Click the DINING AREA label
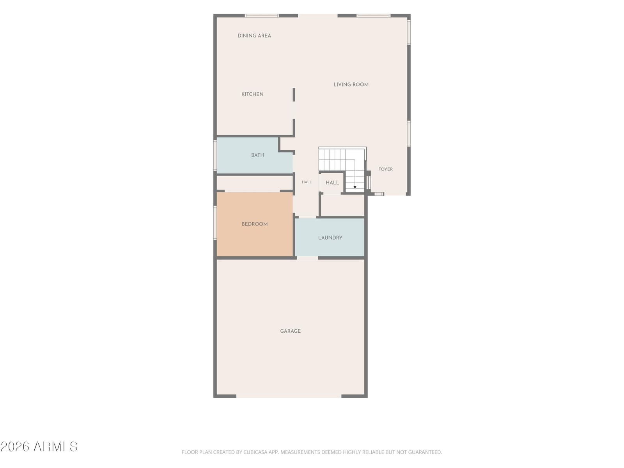[x=254, y=35]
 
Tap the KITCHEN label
[x=252, y=94]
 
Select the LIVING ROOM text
[x=351, y=84]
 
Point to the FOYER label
[x=385, y=169]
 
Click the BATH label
[x=257, y=155]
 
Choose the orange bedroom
[x=254, y=224]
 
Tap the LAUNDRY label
[x=330, y=238]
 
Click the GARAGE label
[x=290, y=331]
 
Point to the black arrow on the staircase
[x=355, y=187]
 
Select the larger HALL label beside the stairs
[x=332, y=183]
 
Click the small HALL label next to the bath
[x=307, y=182]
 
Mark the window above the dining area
[x=262, y=16]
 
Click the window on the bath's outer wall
[x=215, y=155]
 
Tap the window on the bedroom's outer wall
[x=215, y=223]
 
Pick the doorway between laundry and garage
[x=307, y=258]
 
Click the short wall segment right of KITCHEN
[x=294, y=95]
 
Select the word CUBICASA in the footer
[x=254, y=452]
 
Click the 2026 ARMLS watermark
[x=39, y=447]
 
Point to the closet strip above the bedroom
[x=255, y=184]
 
